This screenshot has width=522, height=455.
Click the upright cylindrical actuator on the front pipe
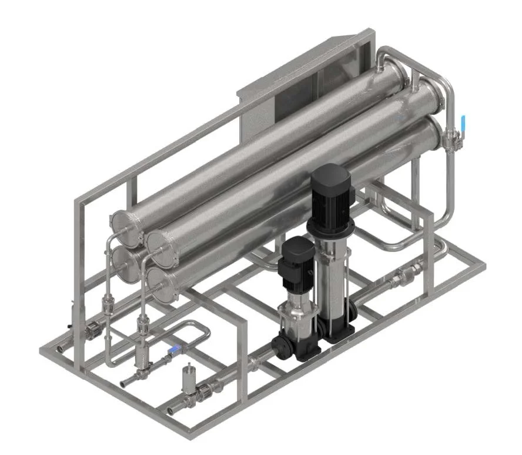point(189,377)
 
